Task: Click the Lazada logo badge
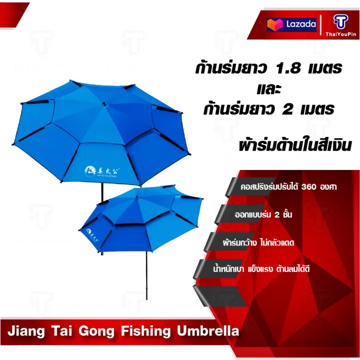click(291, 24)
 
